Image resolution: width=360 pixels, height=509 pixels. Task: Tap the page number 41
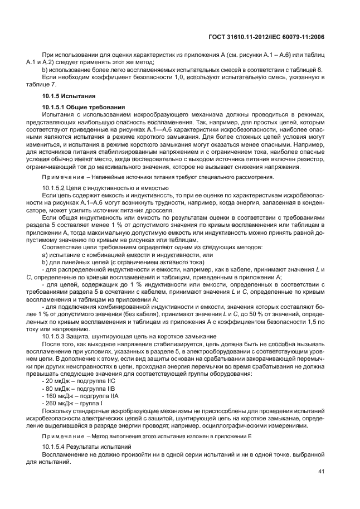click(320, 471)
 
